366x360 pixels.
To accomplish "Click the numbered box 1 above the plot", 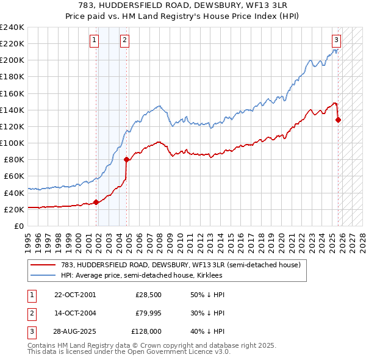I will tap(95, 41).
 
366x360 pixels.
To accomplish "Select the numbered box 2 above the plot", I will tap(124, 41).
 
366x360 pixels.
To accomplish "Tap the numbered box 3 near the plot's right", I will tap(336, 41).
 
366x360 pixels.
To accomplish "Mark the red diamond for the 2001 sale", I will tap(96, 202).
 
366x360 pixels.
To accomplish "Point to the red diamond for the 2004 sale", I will tap(126, 160).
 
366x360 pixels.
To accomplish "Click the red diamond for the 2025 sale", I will tap(339, 120).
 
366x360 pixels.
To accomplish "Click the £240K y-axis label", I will tap(12, 27).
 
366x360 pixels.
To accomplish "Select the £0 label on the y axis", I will tap(18, 226).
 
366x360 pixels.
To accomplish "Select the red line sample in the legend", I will tap(43, 265).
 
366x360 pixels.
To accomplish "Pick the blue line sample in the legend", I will tap(43, 276).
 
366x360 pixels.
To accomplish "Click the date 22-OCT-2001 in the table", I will tap(74, 295).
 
